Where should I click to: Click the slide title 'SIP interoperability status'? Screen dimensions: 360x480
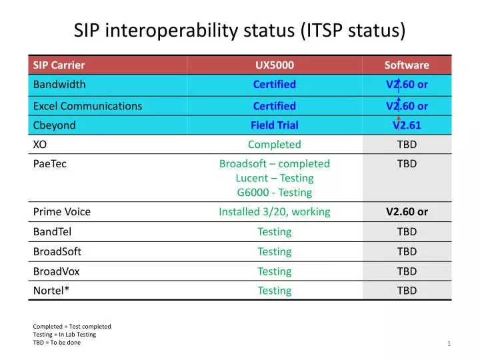(239, 30)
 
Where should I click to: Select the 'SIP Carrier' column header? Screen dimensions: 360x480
(59, 65)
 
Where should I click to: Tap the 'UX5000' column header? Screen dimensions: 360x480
(274, 65)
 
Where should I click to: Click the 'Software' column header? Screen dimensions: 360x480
(407, 65)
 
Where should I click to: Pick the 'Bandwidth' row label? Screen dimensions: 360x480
(59, 84)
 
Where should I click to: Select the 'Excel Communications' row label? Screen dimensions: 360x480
(87, 105)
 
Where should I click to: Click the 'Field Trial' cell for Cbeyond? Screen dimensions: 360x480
(274, 125)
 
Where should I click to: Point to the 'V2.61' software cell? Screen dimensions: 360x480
(407, 125)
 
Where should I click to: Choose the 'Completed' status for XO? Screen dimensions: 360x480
(274, 144)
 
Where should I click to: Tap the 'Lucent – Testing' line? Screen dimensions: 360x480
(274, 178)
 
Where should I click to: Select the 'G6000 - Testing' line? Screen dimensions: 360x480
(274, 192)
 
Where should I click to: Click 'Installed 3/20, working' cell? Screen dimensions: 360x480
(274, 212)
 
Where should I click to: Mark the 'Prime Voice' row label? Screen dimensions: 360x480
(61, 212)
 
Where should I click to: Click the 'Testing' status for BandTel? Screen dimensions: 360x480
(274, 231)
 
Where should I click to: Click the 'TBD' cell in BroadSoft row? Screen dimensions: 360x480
(407, 251)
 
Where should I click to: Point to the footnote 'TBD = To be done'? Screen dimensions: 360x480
(57, 342)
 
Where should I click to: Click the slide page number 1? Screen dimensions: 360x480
(449, 343)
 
